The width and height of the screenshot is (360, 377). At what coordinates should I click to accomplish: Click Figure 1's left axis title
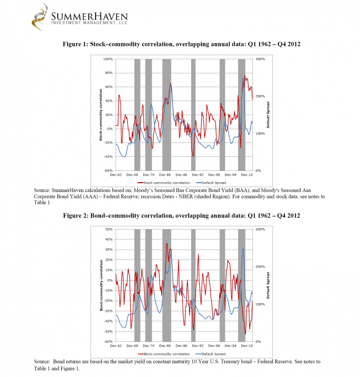click(101, 115)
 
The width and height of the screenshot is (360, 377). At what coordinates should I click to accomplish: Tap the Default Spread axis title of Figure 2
click(268, 285)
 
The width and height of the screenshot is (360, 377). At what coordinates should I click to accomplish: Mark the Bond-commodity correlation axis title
click(101, 285)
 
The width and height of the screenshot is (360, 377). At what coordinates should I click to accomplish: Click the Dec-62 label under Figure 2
click(116, 346)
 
